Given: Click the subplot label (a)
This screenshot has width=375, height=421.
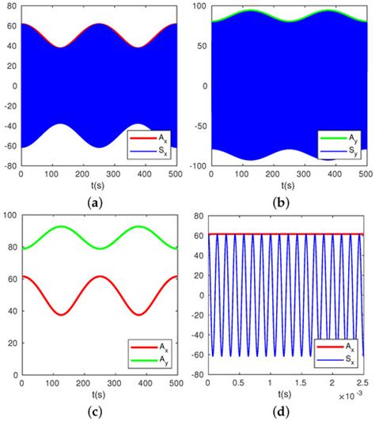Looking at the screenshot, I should coord(96,203).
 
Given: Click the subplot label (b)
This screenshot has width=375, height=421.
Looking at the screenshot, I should coord(282,203).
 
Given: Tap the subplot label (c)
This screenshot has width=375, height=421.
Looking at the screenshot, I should coord(96,412).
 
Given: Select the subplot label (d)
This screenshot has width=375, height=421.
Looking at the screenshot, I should coord(282,412).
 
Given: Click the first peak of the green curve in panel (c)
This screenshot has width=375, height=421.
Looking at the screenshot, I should coord(98,227).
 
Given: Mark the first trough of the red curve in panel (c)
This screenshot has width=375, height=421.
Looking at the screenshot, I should coord(98,314).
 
